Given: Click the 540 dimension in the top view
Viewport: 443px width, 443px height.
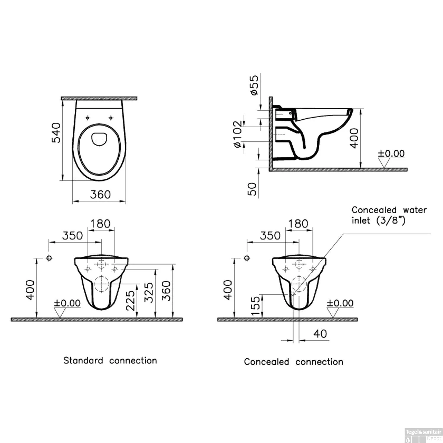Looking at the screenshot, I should (56, 133).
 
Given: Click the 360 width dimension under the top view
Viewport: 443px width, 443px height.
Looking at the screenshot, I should (100, 195).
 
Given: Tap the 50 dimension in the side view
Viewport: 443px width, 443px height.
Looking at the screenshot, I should (252, 189).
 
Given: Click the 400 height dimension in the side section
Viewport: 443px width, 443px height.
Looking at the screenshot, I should (354, 138).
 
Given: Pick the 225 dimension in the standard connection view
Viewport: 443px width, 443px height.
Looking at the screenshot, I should (130, 300).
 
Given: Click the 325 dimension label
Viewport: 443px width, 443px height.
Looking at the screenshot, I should (149, 292).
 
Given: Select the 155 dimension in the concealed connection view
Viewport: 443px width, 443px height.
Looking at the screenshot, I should (255, 306).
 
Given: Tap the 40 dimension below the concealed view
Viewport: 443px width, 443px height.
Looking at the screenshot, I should (320, 334).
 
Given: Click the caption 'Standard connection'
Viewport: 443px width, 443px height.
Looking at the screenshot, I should (110, 361).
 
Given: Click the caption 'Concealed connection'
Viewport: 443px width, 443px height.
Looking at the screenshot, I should (294, 362).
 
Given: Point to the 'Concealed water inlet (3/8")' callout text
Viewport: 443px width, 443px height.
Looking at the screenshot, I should (389, 215).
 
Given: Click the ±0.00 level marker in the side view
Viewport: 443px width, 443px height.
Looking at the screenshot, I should (391, 154).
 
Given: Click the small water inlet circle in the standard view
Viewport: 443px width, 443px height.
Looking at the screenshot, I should (49, 258).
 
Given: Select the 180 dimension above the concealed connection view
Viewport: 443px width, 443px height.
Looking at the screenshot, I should (298, 224).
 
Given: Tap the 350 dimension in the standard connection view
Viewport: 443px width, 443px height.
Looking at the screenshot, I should (72, 236).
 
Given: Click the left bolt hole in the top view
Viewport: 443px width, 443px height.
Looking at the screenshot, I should (87, 118).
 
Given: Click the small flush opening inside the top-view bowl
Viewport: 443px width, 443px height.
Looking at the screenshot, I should (99, 139).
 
